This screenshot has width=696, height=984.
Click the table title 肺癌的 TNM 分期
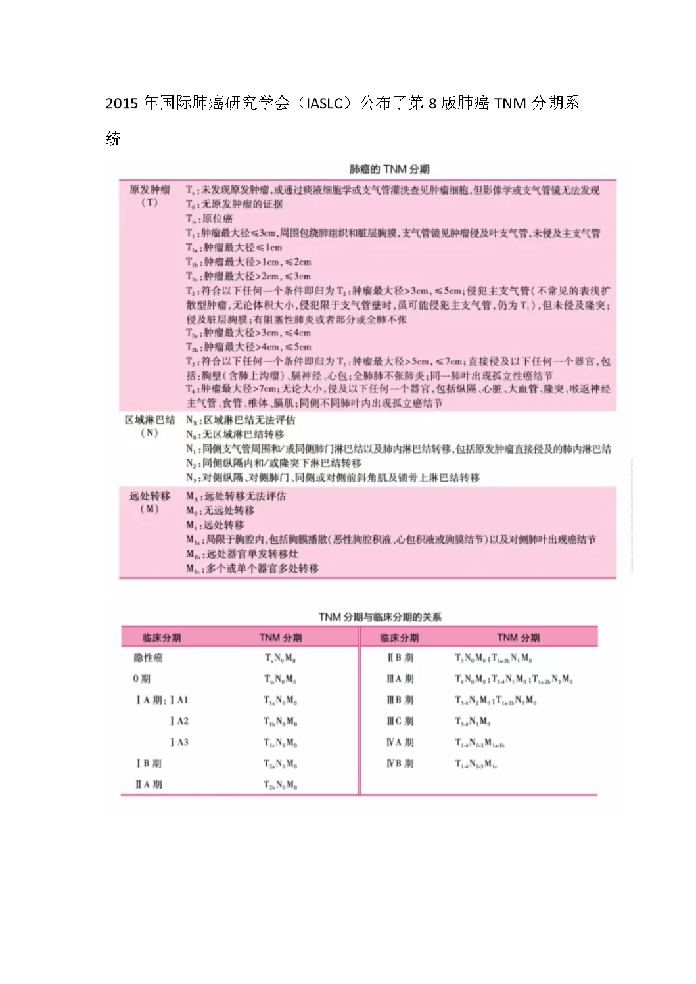389,170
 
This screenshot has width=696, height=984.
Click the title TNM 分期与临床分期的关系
380,617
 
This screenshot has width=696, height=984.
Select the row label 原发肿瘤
150,189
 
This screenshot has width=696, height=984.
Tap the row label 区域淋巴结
150,419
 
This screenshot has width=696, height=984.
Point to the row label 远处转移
150,496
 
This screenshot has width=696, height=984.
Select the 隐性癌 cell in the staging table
148,658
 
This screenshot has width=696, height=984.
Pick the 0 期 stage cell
141,679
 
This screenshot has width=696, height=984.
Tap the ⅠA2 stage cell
179,721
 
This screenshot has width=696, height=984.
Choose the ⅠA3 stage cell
179,742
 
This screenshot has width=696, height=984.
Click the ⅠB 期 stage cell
149,763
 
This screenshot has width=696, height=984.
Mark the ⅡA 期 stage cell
149,784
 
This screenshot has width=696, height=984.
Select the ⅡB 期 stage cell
400,658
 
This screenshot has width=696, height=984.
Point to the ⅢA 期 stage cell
400,679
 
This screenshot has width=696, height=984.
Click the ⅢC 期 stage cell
400,721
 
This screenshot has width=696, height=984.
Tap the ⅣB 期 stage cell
400,763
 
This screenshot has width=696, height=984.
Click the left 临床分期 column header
162,638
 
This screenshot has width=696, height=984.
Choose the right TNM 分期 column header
518,638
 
